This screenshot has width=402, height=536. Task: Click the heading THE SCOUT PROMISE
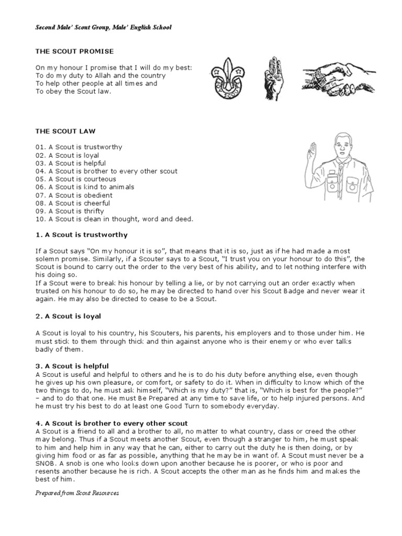coord(74,51)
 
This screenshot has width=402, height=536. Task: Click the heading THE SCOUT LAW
coord(65,131)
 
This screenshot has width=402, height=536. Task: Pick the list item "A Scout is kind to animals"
coord(85,187)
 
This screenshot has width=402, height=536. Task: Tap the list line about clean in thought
coord(114,219)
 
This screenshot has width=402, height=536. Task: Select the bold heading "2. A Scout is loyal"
coord(68,316)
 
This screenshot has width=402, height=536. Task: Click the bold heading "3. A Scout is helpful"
coord(72,366)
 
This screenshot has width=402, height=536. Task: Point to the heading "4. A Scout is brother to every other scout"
coord(111,423)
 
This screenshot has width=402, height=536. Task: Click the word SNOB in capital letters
coord(46,463)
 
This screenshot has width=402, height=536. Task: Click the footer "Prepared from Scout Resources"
coord(77,493)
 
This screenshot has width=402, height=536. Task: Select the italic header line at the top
coord(103,27)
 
